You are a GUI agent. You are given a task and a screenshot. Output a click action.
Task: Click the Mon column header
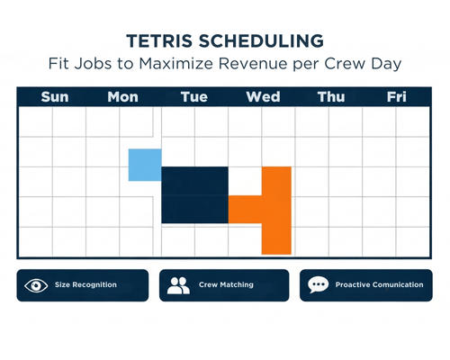(122, 97)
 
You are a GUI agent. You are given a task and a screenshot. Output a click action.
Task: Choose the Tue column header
(194, 97)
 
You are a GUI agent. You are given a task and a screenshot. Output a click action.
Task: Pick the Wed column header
(263, 97)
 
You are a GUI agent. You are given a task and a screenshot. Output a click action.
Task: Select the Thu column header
(330, 97)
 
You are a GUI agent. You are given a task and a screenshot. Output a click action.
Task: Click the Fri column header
(396, 97)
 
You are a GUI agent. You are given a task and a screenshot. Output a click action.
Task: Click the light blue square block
(144, 165)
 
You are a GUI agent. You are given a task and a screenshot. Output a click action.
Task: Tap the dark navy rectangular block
(194, 195)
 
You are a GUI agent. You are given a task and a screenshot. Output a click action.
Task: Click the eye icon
(36, 285)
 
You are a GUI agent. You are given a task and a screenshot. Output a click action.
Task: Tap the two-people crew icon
(178, 285)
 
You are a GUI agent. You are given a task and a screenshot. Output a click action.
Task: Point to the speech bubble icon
(318, 285)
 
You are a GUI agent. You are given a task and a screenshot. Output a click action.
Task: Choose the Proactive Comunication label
(378, 285)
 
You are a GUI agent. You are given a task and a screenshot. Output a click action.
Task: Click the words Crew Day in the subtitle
(372, 64)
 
